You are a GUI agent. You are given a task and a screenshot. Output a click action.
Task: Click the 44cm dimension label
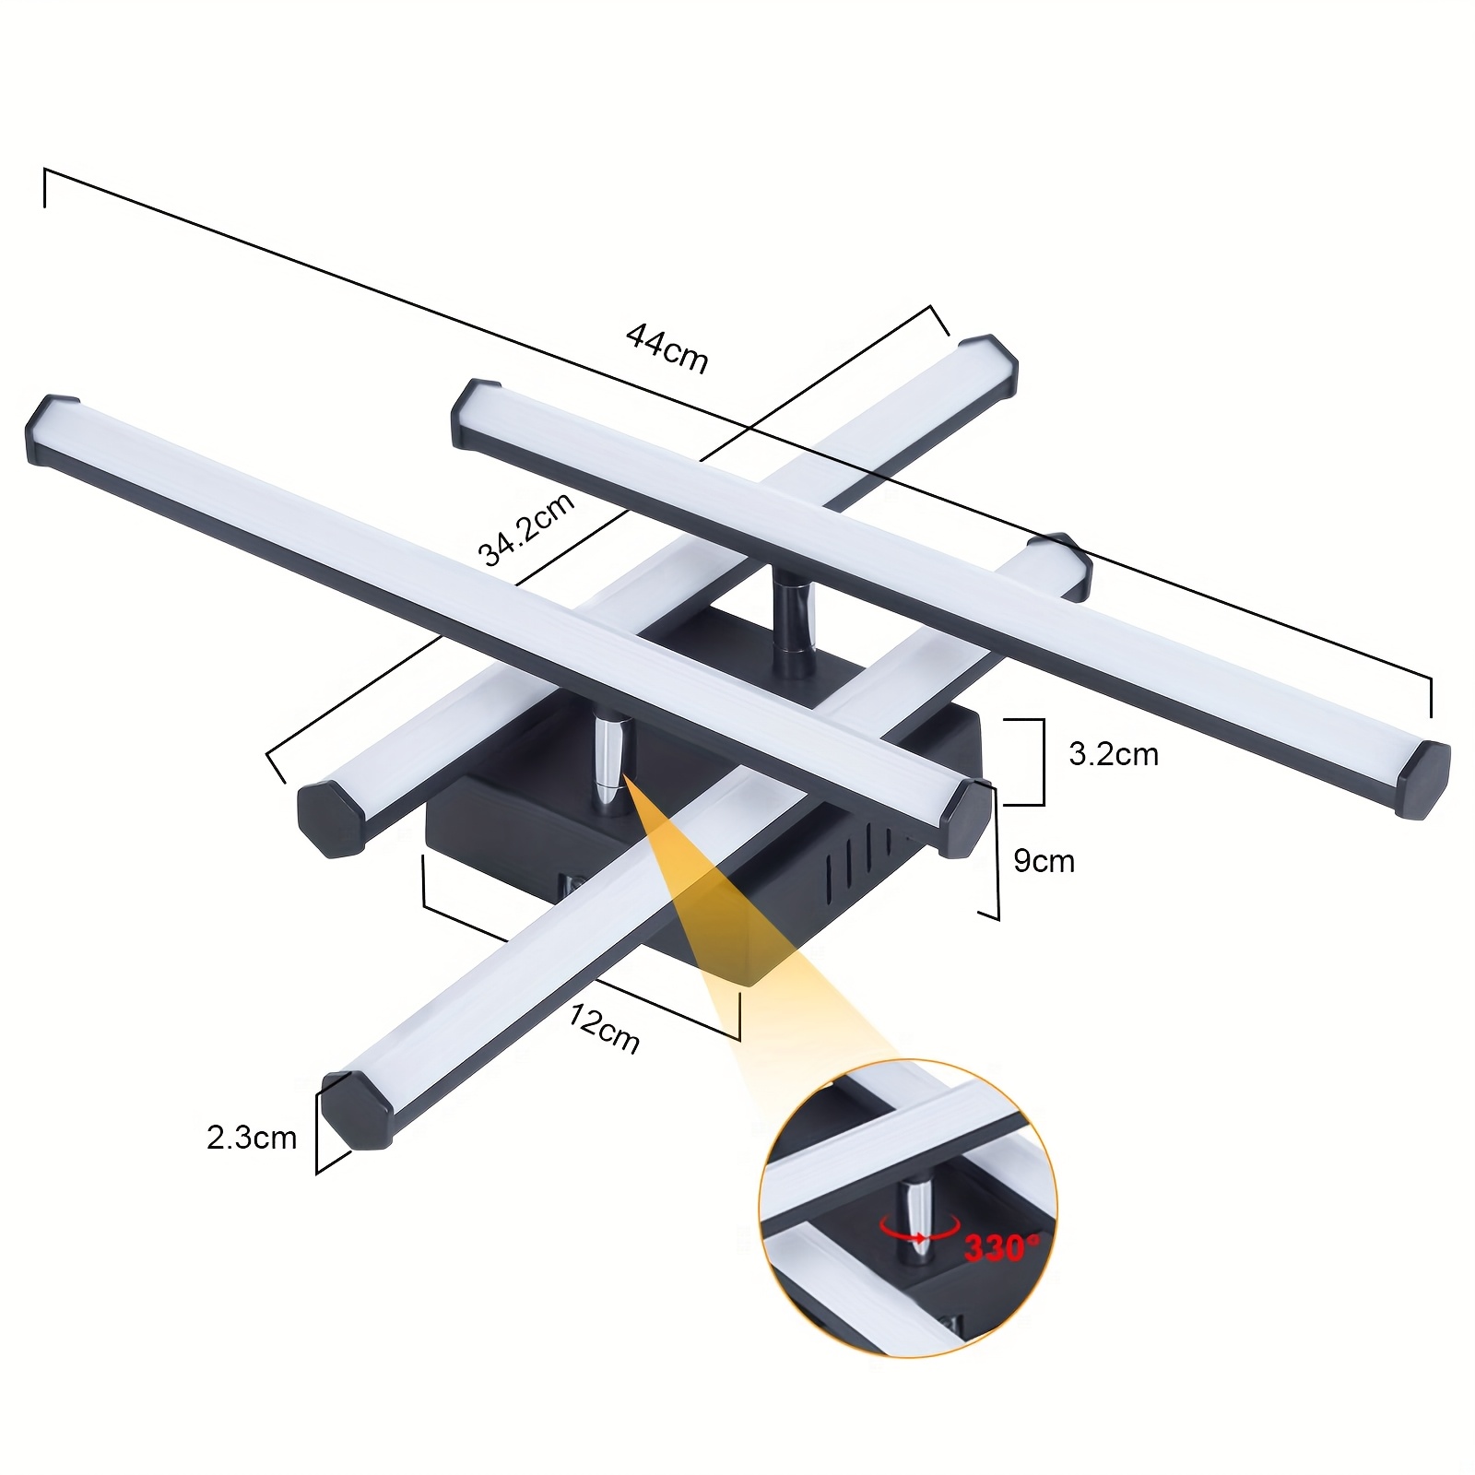click(667, 348)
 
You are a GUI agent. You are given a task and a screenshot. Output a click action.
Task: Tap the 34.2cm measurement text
click(526, 528)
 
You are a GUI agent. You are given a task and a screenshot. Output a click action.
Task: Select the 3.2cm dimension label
click(1114, 755)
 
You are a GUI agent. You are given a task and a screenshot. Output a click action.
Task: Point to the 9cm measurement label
click(1044, 861)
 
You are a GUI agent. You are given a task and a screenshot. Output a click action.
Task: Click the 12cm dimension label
click(604, 1028)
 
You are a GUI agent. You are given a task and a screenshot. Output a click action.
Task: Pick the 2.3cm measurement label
click(252, 1138)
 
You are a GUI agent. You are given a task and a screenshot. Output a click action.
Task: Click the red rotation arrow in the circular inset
click(917, 1227)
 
